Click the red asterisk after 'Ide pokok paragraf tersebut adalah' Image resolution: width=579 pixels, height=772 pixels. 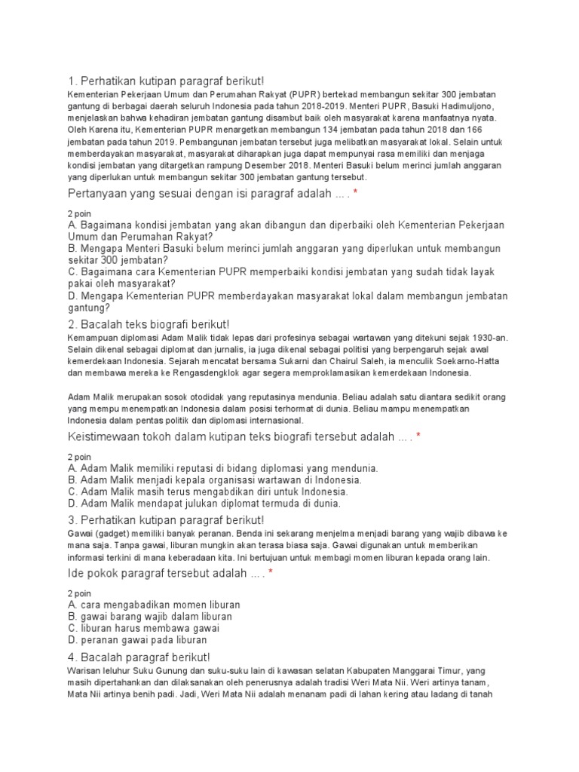tap(271, 574)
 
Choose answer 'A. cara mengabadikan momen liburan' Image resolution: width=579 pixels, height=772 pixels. tap(154, 605)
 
